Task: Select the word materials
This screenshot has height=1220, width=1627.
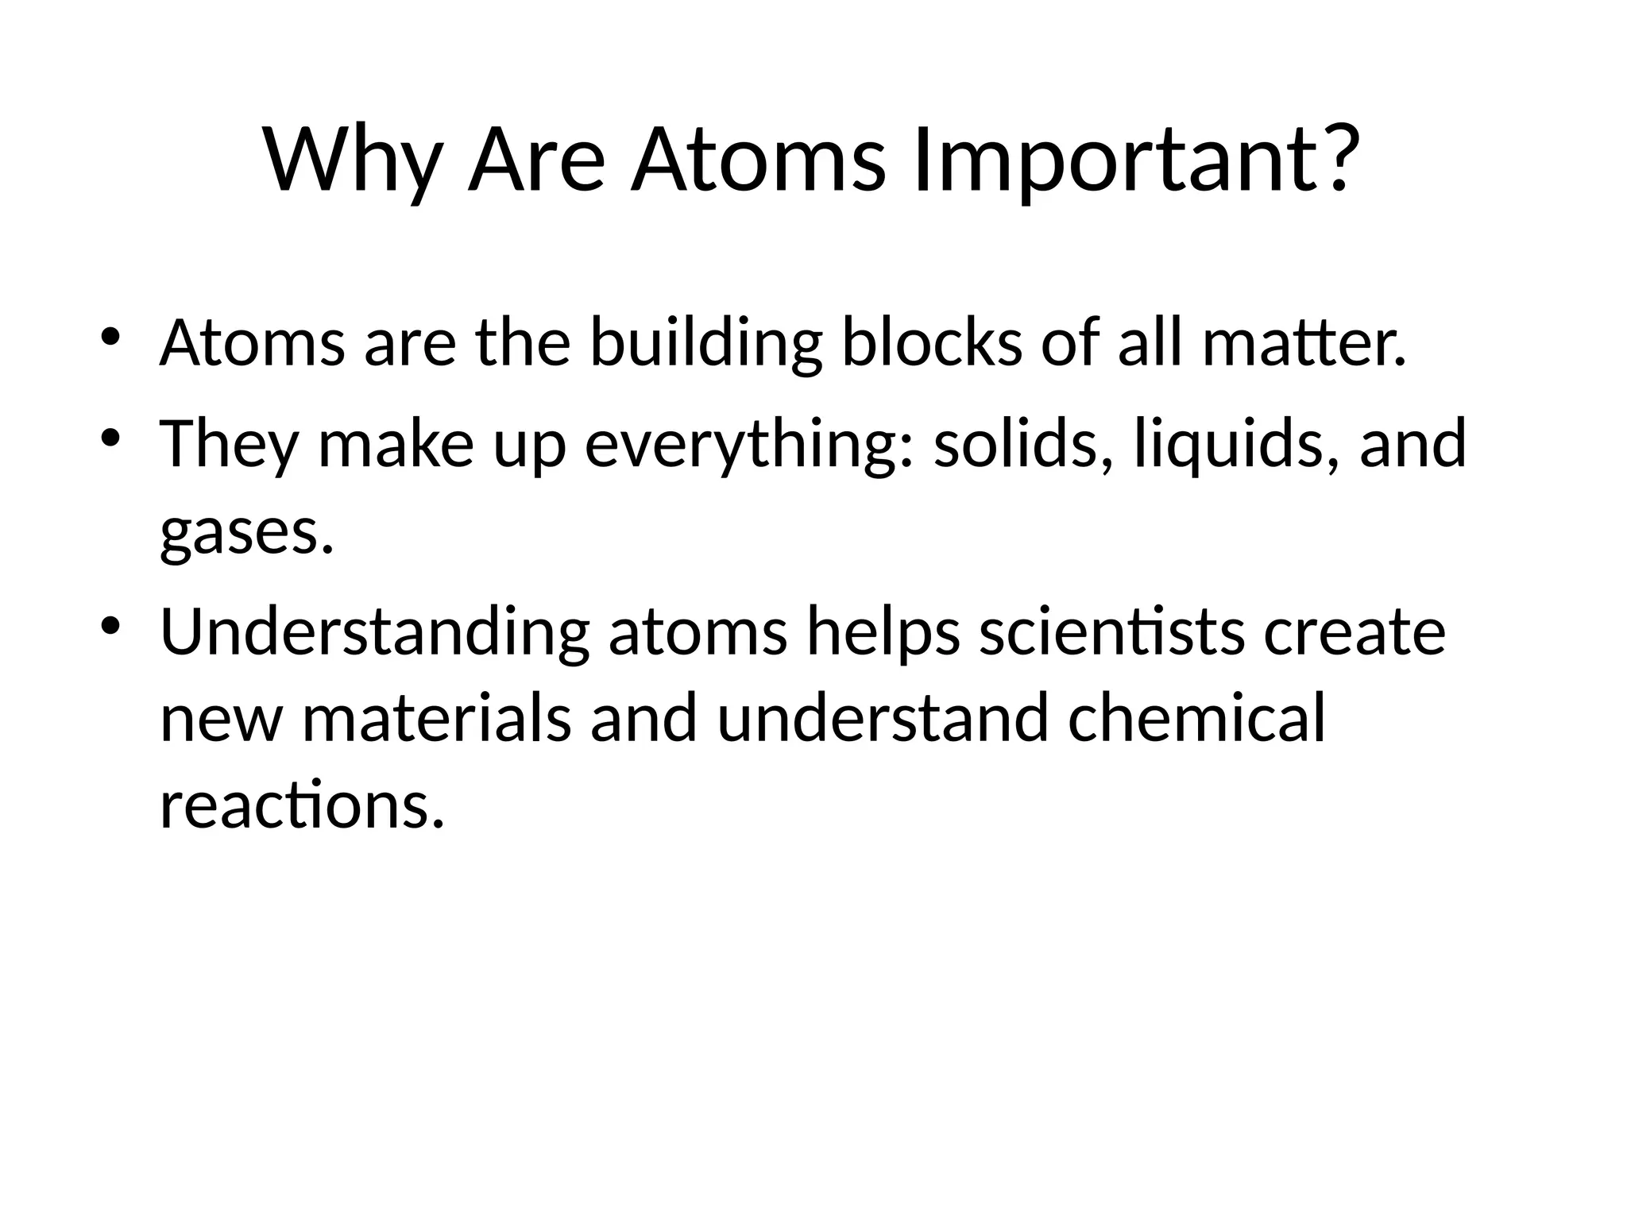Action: [x=437, y=719]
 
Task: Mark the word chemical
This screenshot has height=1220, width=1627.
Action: [x=1196, y=719]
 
